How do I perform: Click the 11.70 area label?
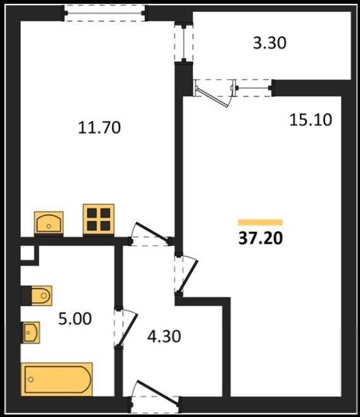[x=99, y=127]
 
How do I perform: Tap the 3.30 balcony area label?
[x=270, y=43]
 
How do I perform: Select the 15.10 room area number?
[x=311, y=120]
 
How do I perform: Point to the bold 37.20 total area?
[x=260, y=239]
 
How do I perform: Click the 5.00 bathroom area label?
[x=75, y=318]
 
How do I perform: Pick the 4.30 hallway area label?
[x=164, y=336]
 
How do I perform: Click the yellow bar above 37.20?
[x=260, y=222]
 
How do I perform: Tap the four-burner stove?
[x=99, y=220]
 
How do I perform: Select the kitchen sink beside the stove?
[x=49, y=223]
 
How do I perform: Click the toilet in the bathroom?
[x=37, y=296]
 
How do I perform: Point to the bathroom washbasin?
[x=30, y=332]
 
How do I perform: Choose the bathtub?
[x=57, y=379]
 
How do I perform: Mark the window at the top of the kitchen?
[x=104, y=13]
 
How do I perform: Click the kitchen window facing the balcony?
[x=183, y=42]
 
